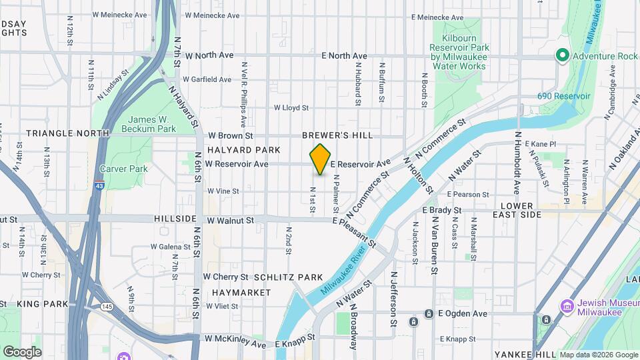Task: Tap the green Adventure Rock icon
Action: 562,56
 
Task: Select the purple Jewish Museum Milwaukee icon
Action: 567,306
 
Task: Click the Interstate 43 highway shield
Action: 99,189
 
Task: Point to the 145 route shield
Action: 107,306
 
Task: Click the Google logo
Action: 22,351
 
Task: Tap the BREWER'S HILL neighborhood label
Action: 337,135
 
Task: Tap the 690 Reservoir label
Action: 564,96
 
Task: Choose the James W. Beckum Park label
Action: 152,123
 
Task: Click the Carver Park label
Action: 123,169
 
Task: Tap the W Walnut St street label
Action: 231,220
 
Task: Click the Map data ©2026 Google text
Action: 598,354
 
